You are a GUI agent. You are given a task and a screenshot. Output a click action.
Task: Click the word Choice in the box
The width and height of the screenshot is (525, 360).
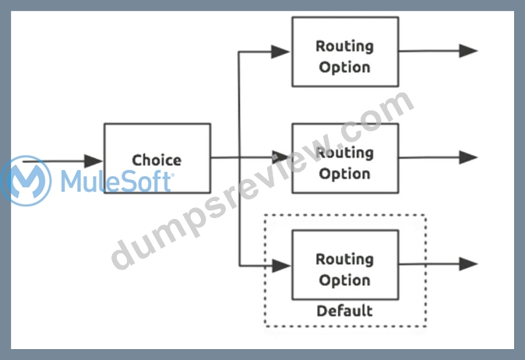point(157,160)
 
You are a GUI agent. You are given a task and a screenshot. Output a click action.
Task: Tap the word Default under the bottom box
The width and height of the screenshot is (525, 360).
point(344,311)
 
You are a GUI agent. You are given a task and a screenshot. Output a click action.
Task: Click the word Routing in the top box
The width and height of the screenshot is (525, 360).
point(344,46)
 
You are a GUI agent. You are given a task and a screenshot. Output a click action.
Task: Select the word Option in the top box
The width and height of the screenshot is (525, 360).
point(344,67)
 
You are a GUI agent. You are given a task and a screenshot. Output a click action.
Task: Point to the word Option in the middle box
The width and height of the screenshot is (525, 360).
point(344,174)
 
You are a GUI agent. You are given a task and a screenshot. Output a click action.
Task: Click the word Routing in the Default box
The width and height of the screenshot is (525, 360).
point(344,259)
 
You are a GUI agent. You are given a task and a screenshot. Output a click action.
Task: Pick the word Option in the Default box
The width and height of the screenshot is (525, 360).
point(344,281)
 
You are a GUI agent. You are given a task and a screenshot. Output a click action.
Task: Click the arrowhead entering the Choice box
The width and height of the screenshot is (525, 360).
point(93,161)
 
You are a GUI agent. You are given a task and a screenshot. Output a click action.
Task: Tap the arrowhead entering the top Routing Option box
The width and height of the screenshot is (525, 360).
point(280,51)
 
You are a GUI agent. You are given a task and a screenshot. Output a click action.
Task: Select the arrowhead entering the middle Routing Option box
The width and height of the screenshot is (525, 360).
point(280,157)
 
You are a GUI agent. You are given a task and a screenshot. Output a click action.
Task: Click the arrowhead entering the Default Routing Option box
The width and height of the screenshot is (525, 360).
point(281,266)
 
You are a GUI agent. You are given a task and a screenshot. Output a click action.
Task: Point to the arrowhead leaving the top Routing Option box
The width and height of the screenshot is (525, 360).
point(468,51)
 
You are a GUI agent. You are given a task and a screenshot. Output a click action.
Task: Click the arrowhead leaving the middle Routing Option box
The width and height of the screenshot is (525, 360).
point(468,157)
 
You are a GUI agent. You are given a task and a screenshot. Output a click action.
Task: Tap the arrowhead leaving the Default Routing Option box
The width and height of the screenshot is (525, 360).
point(468,264)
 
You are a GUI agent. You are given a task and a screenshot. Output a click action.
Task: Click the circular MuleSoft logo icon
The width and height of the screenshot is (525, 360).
point(26,181)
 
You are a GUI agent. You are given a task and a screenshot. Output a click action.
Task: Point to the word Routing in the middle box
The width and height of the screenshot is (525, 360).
point(344,153)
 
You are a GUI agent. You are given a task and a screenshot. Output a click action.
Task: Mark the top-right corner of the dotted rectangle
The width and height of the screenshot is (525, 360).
point(426,215)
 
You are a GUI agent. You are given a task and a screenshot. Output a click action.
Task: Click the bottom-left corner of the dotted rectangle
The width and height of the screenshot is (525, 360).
point(265,326)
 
